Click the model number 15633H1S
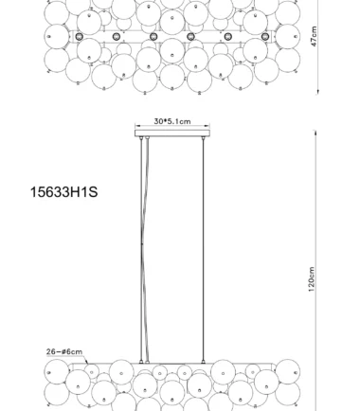63,192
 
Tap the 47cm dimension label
314,36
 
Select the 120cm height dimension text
312,279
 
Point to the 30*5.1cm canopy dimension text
172,121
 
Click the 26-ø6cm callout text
64,351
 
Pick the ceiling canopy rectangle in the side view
172,134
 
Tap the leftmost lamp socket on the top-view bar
80,37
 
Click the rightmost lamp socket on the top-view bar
265,37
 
